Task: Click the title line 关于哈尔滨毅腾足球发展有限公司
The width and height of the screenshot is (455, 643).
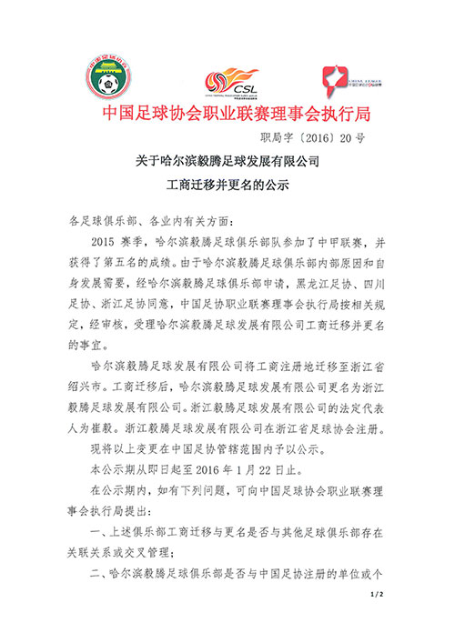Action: click(228, 161)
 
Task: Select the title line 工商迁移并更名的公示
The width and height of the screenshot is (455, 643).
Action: click(228, 188)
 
